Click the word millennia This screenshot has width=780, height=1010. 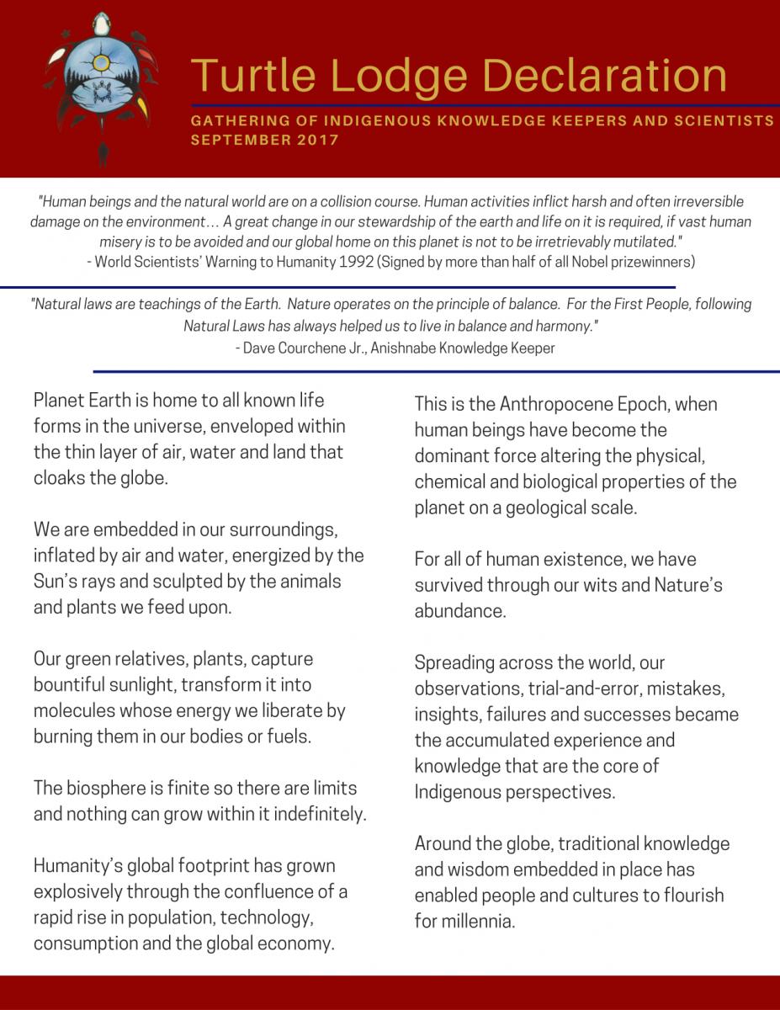pos(475,921)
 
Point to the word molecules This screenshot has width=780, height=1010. pos(76,711)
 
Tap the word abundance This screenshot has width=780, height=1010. pos(459,611)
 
